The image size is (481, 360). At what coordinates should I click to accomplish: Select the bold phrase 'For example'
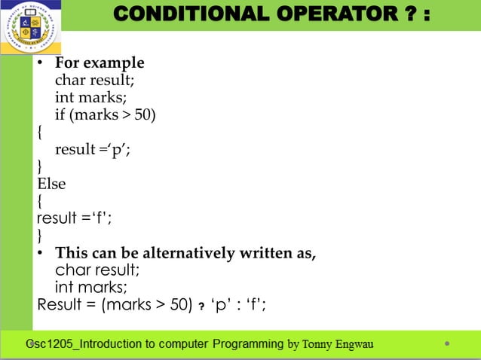point(100,63)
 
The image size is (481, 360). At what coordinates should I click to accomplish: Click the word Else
point(52,184)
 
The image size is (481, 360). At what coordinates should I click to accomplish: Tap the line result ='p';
point(93,149)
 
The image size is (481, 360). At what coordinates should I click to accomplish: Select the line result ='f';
point(74,218)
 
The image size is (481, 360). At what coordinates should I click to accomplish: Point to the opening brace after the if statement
point(40,133)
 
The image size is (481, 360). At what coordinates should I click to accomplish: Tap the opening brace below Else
point(40,201)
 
